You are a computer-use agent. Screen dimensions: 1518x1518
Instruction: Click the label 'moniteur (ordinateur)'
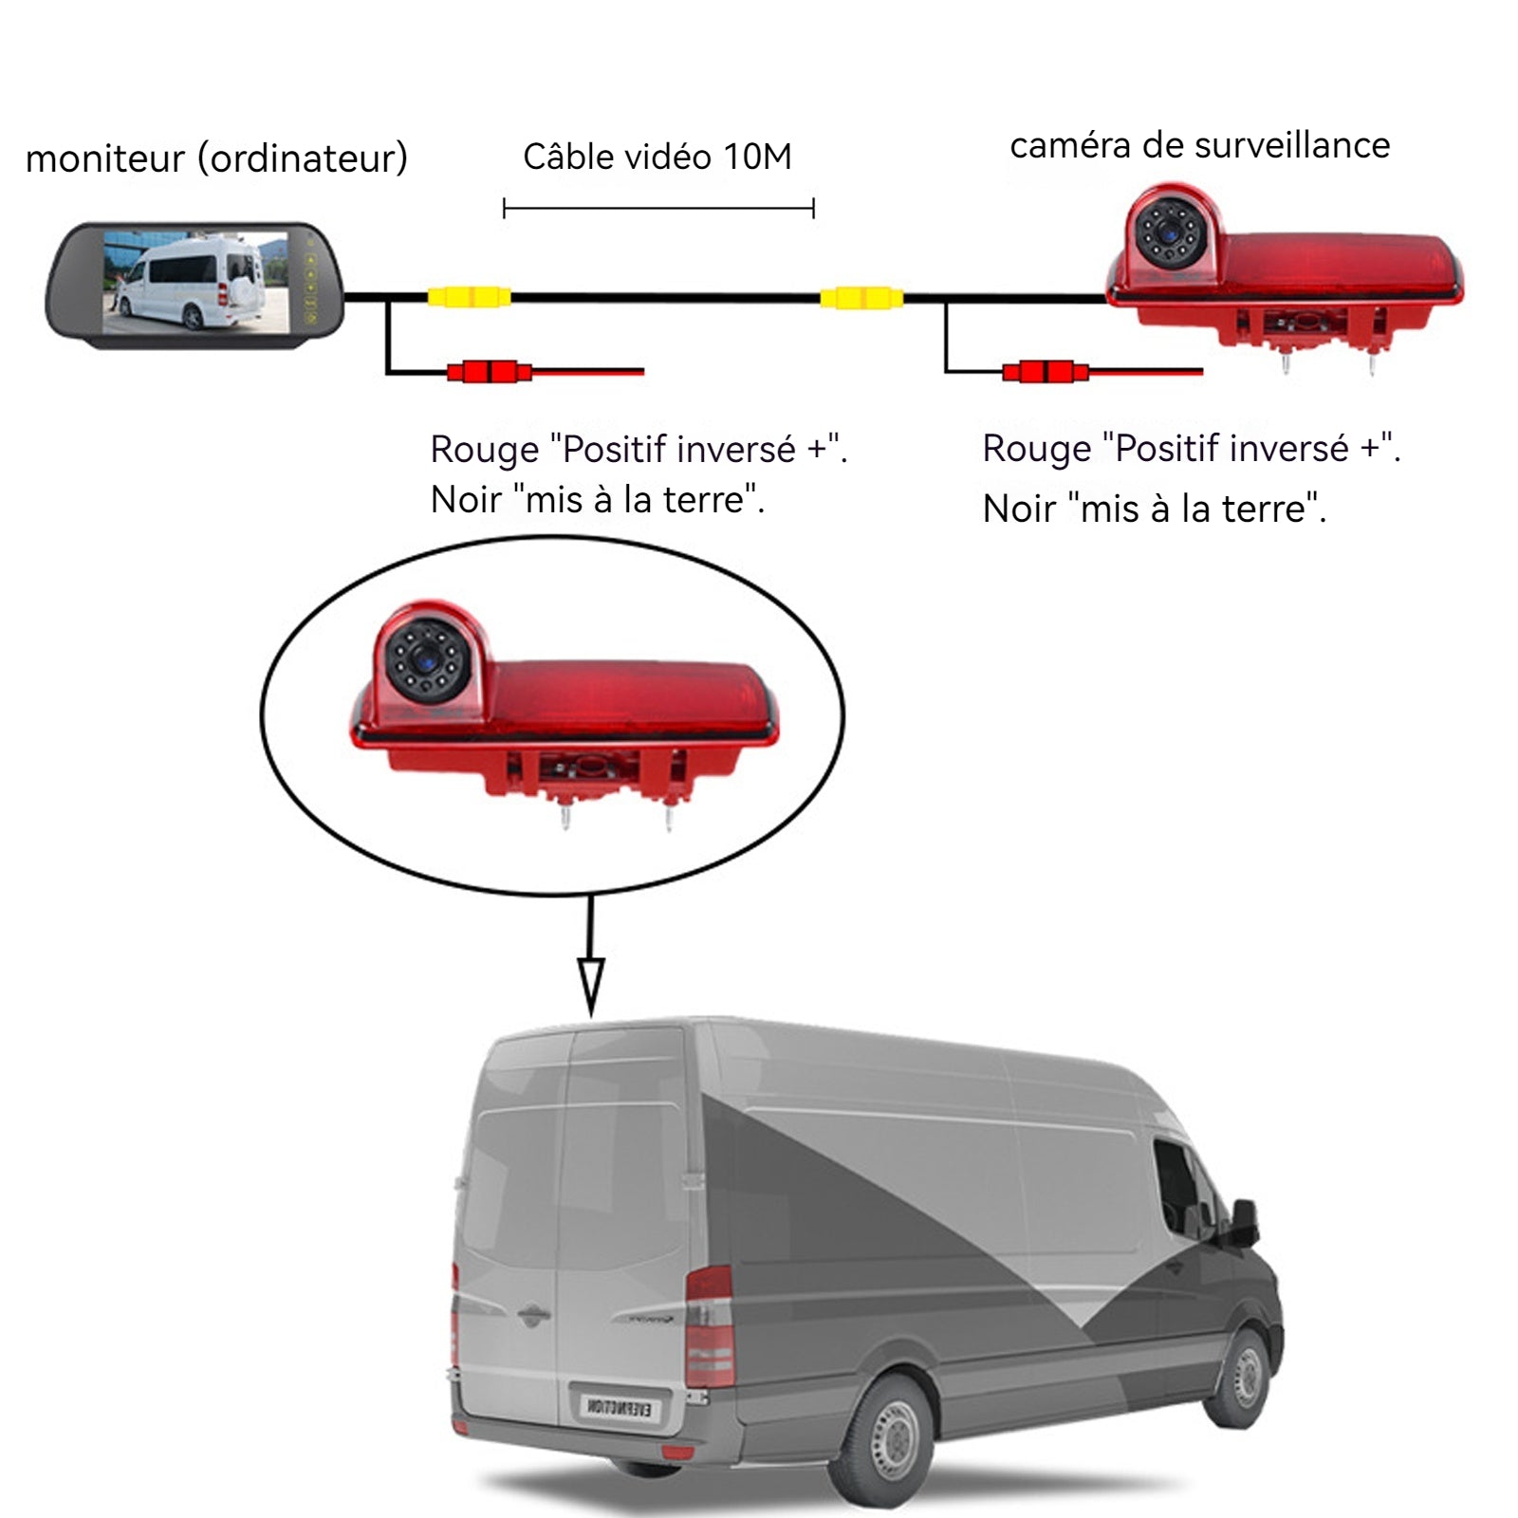pos(216,158)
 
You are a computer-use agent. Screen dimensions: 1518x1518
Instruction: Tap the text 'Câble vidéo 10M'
pos(657,157)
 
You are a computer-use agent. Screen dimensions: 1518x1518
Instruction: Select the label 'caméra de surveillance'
pos(1199,145)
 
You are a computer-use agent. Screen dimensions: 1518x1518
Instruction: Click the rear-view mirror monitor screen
pos(194,282)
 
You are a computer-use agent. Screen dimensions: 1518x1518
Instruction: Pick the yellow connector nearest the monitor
pos(469,297)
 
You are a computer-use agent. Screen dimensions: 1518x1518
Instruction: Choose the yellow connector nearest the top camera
pos(861,298)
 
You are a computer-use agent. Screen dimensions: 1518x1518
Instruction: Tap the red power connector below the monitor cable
pos(489,371)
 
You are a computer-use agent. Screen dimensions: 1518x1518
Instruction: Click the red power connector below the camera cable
pos(1045,371)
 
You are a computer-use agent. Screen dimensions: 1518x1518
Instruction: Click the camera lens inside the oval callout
pos(428,657)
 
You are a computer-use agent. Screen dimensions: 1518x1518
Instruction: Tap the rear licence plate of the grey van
pos(618,1406)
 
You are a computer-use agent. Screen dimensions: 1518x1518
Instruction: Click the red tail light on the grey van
pos(709,1328)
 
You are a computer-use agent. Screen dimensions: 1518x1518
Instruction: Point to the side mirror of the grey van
pos(1244,1223)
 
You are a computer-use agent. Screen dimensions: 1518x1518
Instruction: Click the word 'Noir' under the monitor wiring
pos(465,500)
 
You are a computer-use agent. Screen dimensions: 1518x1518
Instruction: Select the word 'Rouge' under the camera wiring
pos(1036,449)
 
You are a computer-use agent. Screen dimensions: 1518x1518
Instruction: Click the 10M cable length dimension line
pos(658,208)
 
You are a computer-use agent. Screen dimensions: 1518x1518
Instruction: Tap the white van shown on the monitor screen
pos(194,282)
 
